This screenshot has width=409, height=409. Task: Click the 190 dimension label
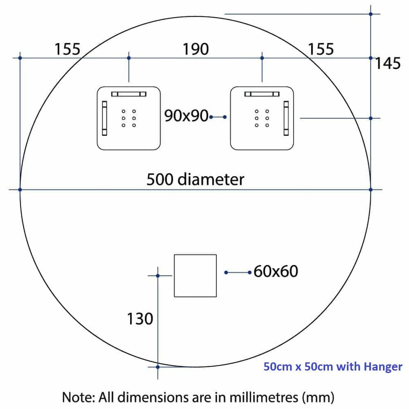coord(195,49)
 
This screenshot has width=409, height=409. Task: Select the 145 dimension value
coord(388,63)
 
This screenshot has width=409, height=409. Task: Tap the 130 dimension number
coord(140,319)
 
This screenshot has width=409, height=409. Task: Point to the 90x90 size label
coord(186,116)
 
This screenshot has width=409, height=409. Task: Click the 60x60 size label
coord(276,271)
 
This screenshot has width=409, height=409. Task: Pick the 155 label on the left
coord(67,49)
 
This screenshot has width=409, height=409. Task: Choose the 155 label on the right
coord(321,49)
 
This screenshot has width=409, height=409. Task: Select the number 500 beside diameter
coord(160,179)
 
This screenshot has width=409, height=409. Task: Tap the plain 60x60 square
coord(195,276)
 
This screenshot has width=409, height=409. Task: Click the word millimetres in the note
coord(264,397)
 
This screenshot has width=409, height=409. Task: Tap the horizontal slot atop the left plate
coord(129,94)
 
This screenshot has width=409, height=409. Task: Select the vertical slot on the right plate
coord(286,118)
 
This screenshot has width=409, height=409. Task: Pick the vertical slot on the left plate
coord(105,118)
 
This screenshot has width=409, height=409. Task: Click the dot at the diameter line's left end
coord(20,190)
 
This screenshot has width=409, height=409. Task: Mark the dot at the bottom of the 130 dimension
coord(158,367)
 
